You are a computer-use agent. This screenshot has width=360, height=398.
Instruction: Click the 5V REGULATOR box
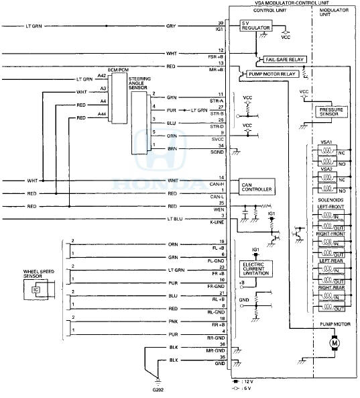[x=251, y=26]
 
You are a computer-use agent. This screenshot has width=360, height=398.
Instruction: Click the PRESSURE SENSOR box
[x=333, y=112]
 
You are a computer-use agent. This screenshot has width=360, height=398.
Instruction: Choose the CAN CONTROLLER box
[x=256, y=187]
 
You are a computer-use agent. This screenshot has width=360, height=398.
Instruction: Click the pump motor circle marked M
[x=333, y=344]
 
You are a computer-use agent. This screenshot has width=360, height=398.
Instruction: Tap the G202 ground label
[x=157, y=389]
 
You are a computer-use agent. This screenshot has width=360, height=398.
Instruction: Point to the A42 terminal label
[x=101, y=77]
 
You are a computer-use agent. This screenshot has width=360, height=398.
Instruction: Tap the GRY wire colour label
[x=172, y=27]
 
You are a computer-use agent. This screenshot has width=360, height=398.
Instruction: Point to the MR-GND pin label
[x=217, y=350]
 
